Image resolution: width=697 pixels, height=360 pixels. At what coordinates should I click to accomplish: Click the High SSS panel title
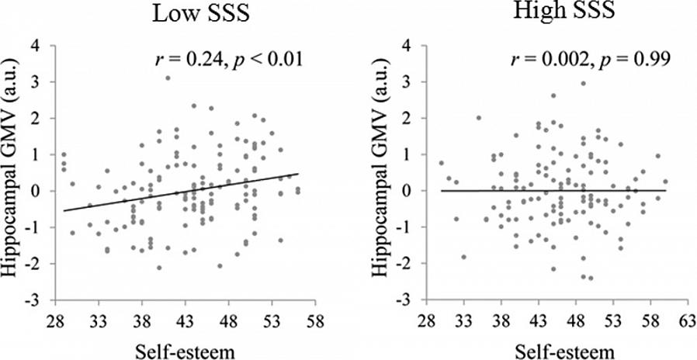(551, 12)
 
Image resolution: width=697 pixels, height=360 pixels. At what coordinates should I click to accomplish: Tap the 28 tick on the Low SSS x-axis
(55, 320)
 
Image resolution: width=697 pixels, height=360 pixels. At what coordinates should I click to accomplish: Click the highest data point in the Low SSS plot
(168, 78)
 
